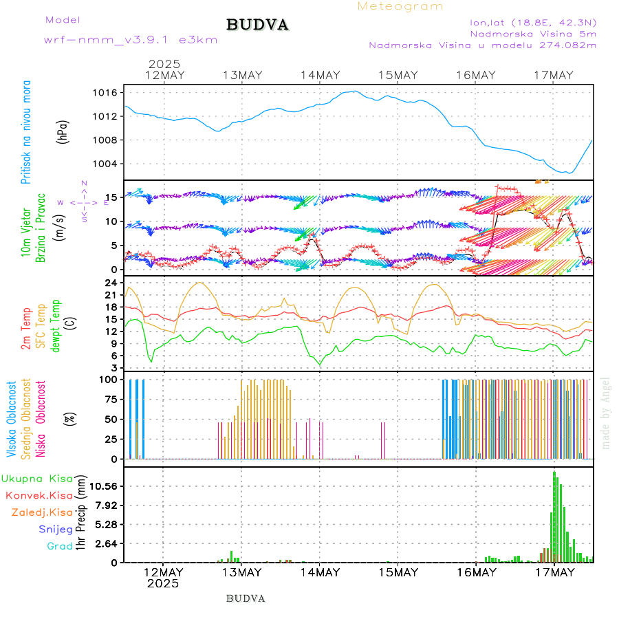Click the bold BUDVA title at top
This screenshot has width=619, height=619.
pyautogui.click(x=257, y=25)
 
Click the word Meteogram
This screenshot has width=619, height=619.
pyautogui.click(x=400, y=6)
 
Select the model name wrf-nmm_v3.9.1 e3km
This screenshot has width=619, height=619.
pyautogui.click(x=131, y=40)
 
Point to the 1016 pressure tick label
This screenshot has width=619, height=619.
pyautogui.click(x=109, y=93)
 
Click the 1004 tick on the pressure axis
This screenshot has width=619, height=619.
pyautogui.click(x=109, y=164)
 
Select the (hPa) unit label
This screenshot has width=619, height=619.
pyautogui.click(x=63, y=131)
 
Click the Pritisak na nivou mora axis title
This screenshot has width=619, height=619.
pyautogui.click(x=26, y=131)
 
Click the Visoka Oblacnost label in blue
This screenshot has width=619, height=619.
pyautogui.click(x=12, y=420)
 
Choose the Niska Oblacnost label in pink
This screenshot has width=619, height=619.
pyautogui.click(x=41, y=420)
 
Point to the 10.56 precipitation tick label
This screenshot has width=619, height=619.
pyautogui.click(x=105, y=486)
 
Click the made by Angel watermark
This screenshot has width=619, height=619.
pyautogui.click(x=606, y=413)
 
